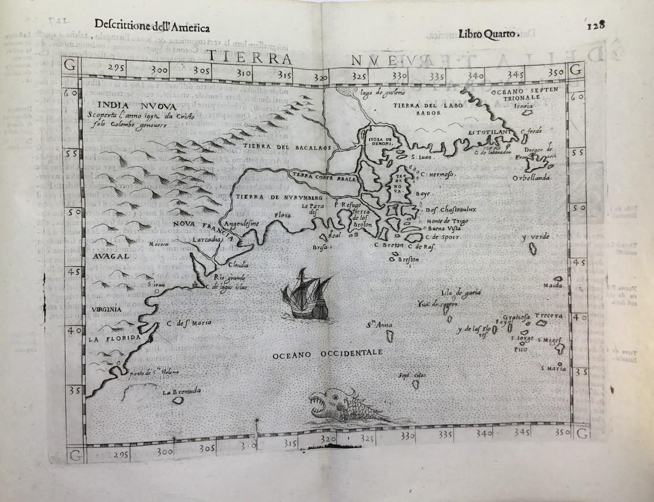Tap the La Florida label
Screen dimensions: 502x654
(x=114, y=338)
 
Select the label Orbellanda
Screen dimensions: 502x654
(x=532, y=177)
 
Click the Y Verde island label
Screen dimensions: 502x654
(x=534, y=238)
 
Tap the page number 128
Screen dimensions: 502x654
(x=595, y=26)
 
